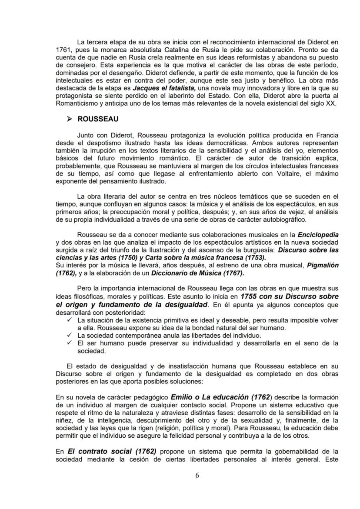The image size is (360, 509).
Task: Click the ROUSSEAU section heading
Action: tap(98, 118)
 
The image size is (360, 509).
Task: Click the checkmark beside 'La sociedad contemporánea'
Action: tap(70, 336)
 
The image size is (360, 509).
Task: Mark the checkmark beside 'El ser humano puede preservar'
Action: tap(70, 343)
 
